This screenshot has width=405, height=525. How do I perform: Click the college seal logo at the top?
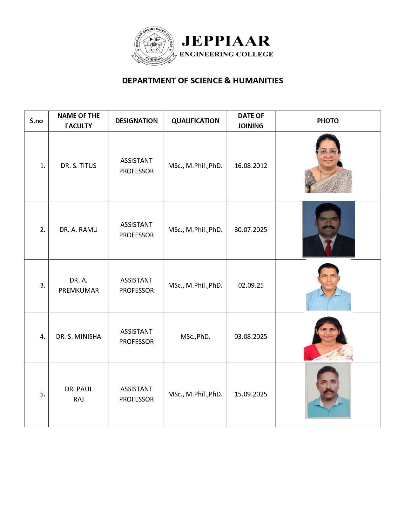[x=154, y=45]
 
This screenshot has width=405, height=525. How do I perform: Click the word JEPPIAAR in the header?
[x=226, y=41]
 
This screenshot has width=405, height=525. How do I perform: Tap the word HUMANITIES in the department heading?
[x=258, y=81]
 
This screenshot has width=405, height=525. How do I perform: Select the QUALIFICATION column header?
[x=195, y=121]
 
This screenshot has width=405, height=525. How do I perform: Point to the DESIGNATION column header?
[x=136, y=121]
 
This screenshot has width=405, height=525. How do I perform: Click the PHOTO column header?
[x=327, y=121]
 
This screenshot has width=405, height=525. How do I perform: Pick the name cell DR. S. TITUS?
[x=78, y=166]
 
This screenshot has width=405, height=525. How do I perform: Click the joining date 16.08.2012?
[x=251, y=166]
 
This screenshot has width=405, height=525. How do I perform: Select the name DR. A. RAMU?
[x=78, y=230]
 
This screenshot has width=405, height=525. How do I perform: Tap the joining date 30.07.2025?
[x=251, y=230]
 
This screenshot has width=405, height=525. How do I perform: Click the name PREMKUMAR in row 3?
[x=78, y=290]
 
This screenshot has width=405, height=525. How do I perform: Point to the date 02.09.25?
[x=251, y=285]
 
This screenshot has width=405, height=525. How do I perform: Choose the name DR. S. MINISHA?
[x=78, y=337]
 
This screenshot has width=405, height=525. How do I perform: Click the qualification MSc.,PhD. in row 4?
[x=195, y=337]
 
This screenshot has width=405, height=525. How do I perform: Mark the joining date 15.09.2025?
[x=251, y=394]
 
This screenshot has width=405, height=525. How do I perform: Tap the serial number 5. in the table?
[x=43, y=394]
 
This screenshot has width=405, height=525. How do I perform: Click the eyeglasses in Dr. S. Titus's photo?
[x=327, y=152]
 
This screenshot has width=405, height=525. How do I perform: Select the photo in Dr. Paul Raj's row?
[x=328, y=391]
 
